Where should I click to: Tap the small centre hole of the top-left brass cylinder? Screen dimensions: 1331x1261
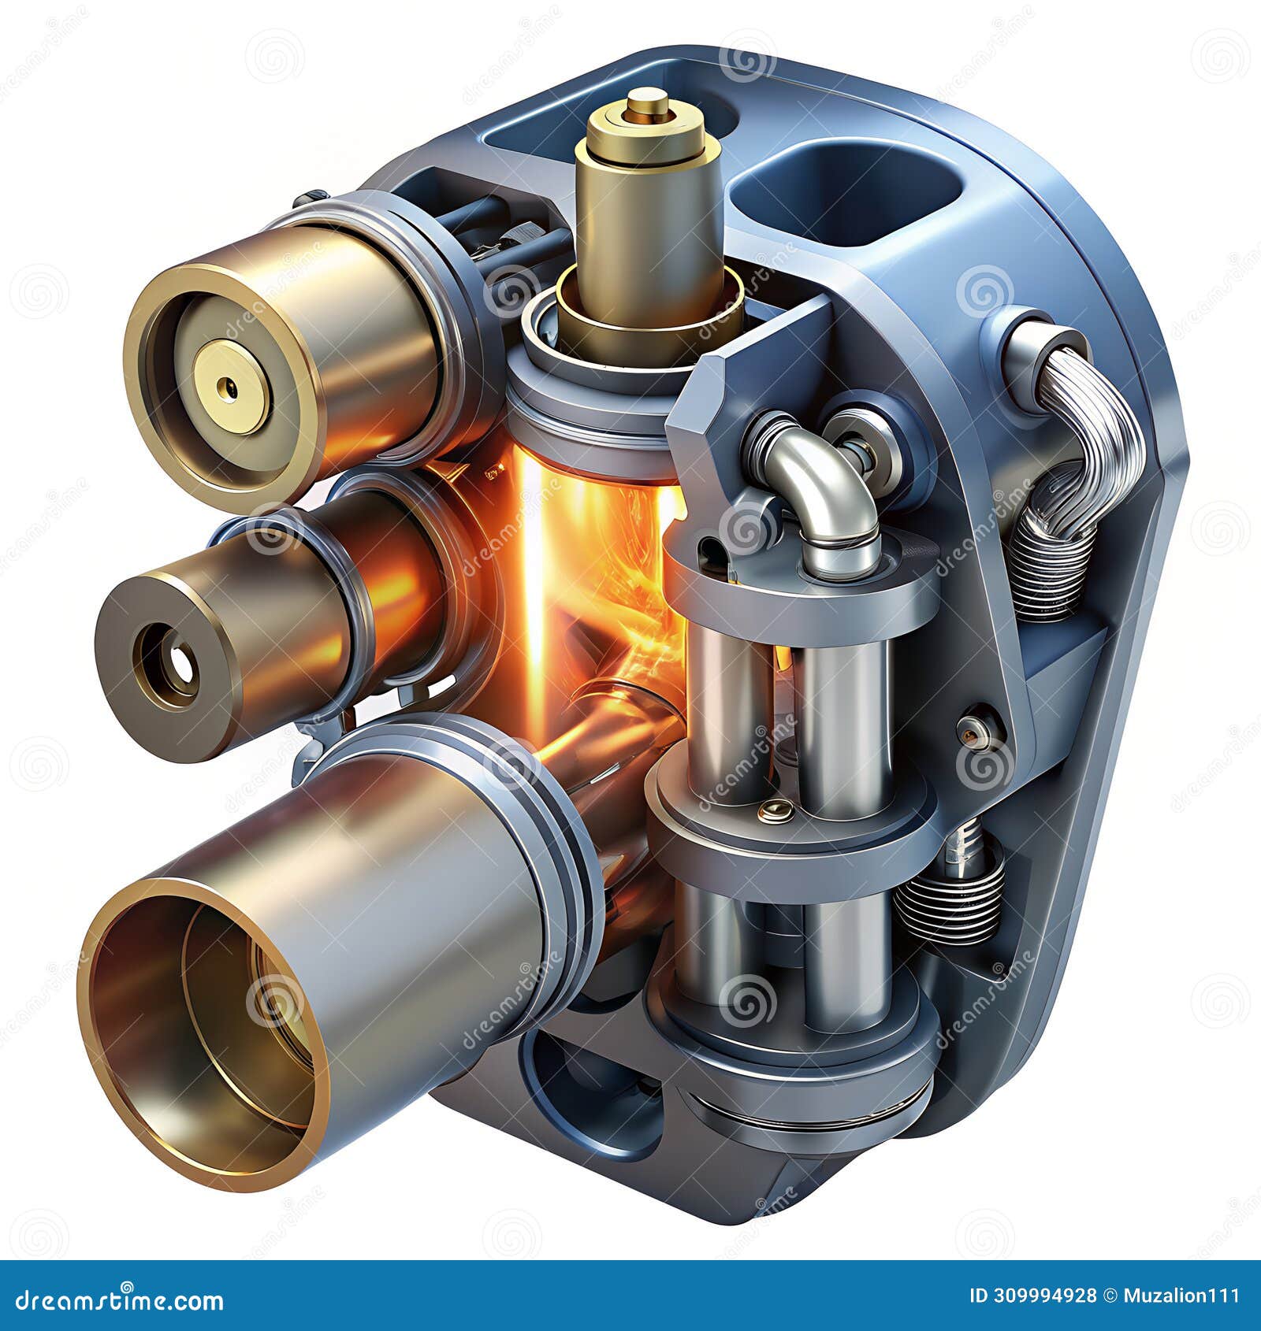tap(229, 387)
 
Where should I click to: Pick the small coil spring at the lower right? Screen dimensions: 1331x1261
tap(950, 898)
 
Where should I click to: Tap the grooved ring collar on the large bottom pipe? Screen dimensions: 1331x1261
tap(544, 827)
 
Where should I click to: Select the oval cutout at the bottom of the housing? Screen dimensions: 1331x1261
tap(583, 1095)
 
